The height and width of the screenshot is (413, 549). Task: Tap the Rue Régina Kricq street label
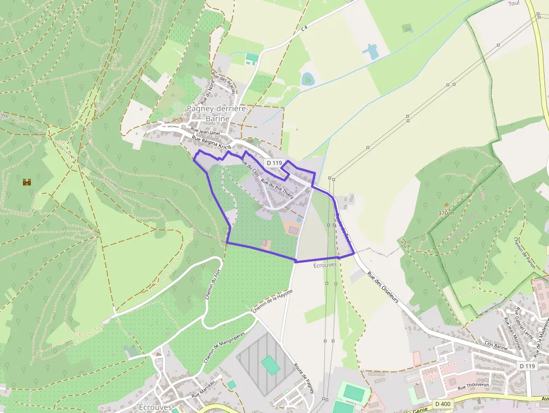(211, 142)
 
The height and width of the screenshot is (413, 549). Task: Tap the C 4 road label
(304, 27)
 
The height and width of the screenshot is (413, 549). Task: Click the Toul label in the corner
(514, 3)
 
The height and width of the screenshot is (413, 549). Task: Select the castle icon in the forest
(26, 182)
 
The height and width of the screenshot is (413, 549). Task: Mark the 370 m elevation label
(446, 214)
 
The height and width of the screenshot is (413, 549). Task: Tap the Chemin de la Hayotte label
(273, 301)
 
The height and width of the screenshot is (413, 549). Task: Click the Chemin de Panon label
(524, 252)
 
